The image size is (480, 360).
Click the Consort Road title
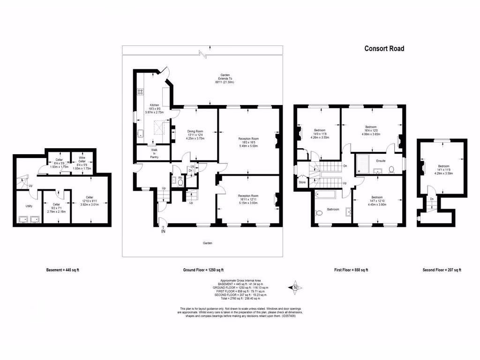pyautogui.click(x=384, y=48)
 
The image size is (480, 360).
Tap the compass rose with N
pyautogui.click(x=295, y=287)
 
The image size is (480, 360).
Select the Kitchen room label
pyautogui.click(x=154, y=105)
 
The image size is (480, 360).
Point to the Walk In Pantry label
pyautogui.click(x=153, y=154)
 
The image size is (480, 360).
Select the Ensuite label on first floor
pyautogui.click(x=381, y=161)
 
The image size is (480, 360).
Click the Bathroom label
pyautogui.click(x=333, y=209)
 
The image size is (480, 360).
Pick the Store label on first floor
pyautogui.click(x=302, y=182)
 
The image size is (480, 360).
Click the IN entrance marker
pyautogui.click(x=163, y=231)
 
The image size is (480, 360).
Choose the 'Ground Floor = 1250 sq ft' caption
pyautogui.click(x=203, y=270)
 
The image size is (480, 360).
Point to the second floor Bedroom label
pyautogui.click(x=443, y=166)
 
